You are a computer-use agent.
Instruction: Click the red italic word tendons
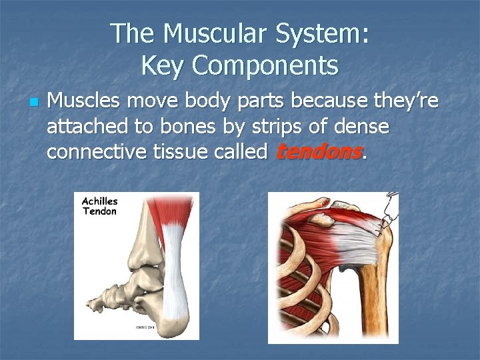pos(318,152)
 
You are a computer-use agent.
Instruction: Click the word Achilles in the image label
pos(99,201)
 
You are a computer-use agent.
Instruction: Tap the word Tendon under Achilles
pos(99,211)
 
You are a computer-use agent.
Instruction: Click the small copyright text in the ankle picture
pos(145,327)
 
